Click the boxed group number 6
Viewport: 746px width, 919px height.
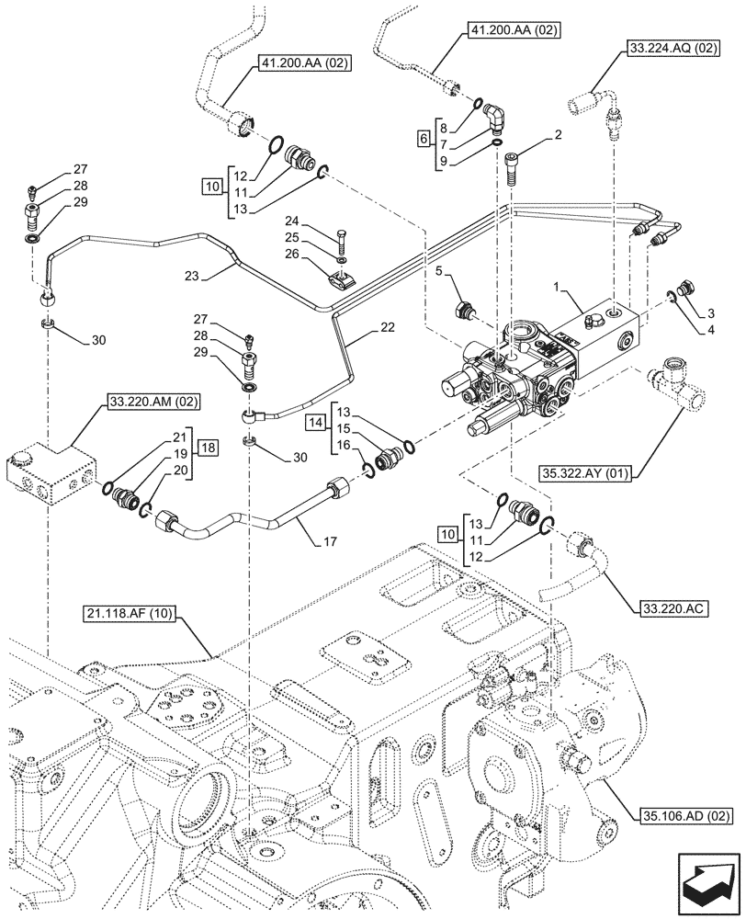point(423,140)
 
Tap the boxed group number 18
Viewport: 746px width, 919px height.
point(209,448)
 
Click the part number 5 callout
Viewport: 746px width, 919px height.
point(441,271)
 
